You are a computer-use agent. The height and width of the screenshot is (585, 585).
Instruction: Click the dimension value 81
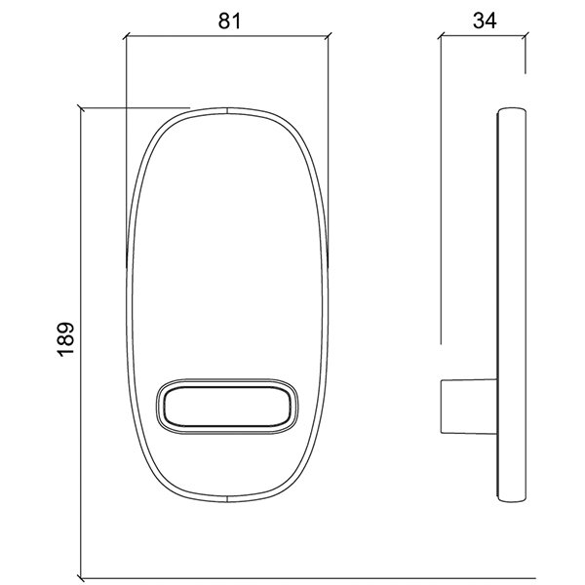pyautogui.click(x=228, y=19)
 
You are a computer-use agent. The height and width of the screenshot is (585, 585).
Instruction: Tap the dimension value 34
pyautogui.click(x=484, y=19)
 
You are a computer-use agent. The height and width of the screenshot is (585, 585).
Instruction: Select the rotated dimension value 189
pyautogui.click(x=65, y=338)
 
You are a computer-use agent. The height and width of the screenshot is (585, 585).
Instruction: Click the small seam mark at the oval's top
pyautogui.click(x=226, y=110)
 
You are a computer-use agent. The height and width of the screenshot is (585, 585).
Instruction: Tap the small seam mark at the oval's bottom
pyautogui.click(x=226, y=499)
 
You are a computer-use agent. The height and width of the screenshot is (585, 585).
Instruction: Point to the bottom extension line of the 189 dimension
pyautogui.click(x=292, y=575)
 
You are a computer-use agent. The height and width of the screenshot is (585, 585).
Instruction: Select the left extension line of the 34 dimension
pyautogui.click(x=442, y=195)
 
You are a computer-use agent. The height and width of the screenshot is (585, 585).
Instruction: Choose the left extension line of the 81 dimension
pyautogui.click(x=127, y=146)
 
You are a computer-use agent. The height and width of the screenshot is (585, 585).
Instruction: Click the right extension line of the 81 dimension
pyautogui.click(x=328, y=146)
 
